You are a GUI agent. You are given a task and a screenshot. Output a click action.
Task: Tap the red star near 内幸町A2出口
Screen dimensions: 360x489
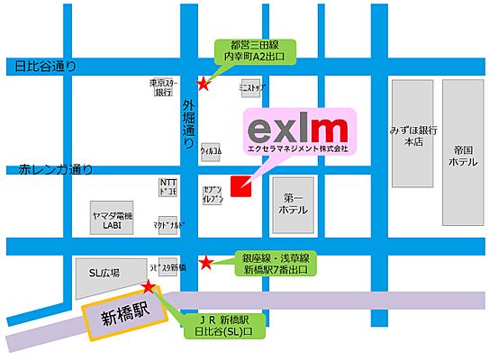tap(204, 85)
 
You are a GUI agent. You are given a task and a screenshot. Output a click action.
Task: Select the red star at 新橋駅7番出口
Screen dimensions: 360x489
tap(205, 263)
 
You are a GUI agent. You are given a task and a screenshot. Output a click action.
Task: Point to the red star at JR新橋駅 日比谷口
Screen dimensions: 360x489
tap(149, 286)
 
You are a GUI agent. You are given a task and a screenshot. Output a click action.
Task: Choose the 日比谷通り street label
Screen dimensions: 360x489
tap(41, 67)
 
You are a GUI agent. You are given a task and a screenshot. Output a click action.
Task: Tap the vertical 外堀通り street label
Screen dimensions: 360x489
tap(188, 123)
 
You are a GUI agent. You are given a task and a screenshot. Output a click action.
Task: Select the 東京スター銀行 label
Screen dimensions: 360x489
tap(163, 87)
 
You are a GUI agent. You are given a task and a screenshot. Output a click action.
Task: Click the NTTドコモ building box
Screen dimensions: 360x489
tap(168, 187)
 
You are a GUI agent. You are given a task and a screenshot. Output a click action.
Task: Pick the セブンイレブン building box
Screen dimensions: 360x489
tap(213, 191)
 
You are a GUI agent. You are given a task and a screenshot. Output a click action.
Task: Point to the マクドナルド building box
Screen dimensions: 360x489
tap(168, 225)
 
